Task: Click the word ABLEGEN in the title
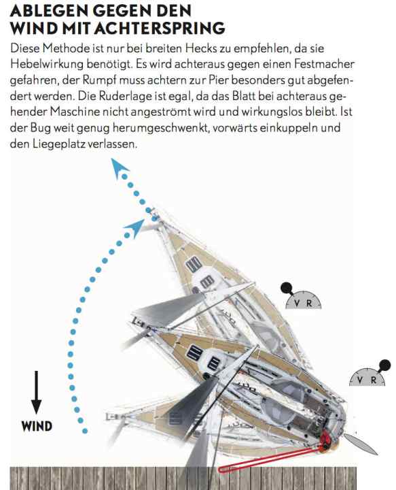pyautogui.click(x=50, y=12)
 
